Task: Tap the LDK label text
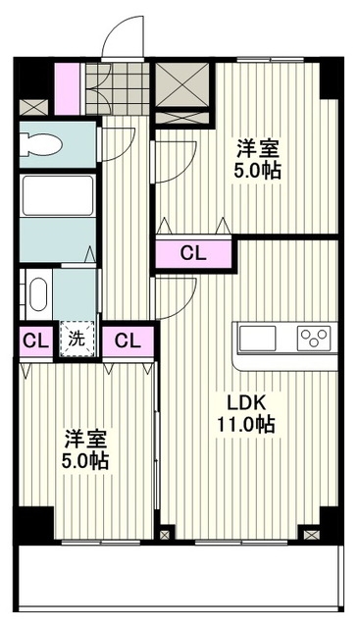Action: tap(246, 402)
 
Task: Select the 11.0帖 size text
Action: tap(246, 425)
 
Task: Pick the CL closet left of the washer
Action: tap(34, 341)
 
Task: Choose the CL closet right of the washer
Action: tap(127, 341)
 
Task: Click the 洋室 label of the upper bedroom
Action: tap(258, 149)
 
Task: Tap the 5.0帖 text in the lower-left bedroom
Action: tap(87, 460)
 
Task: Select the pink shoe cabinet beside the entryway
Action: tap(70, 87)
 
